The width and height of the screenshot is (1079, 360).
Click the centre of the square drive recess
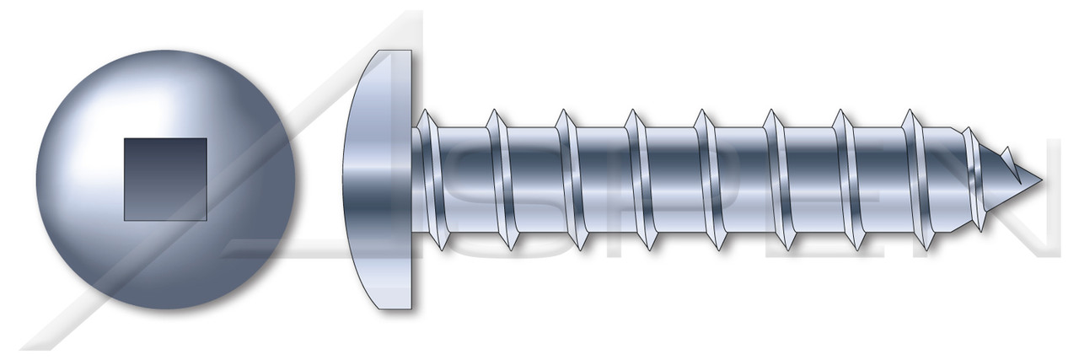pyautogui.click(x=165, y=179)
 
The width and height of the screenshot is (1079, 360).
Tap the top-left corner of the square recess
pyautogui.click(x=125, y=139)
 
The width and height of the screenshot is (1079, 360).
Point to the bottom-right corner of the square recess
pyautogui.click(x=207, y=219)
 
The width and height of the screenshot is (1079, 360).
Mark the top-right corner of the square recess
pyautogui.click(x=207, y=139)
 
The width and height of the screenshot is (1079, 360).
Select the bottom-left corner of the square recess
pyautogui.click(x=125, y=219)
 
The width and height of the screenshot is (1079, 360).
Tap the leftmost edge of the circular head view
pyautogui.click(x=37, y=179)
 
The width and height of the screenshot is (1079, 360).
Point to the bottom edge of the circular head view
pyautogui.click(x=166, y=309)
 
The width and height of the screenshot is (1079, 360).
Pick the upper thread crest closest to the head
pyautogui.click(x=427, y=111)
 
